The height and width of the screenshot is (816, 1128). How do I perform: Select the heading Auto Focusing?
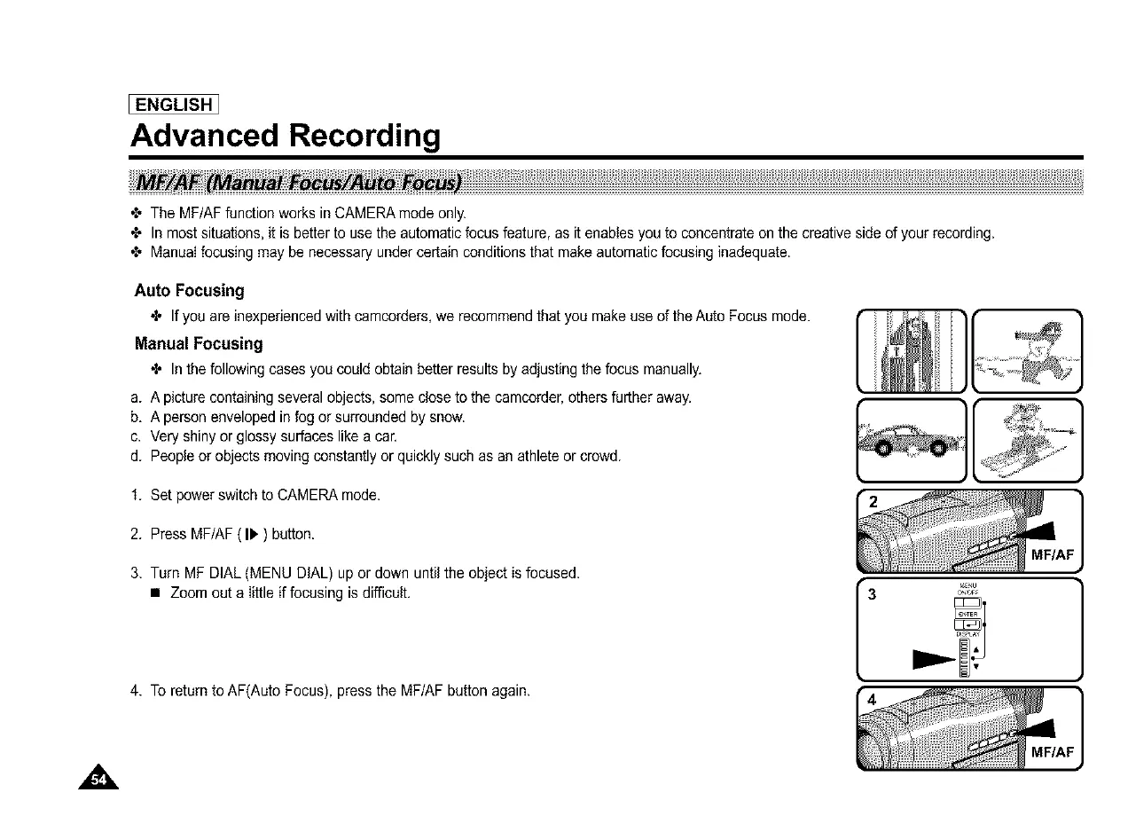point(189,290)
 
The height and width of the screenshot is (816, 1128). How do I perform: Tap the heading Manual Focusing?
point(198,343)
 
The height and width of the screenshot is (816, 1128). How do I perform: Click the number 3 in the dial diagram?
point(873,594)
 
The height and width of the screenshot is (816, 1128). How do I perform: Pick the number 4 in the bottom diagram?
point(873,700)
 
